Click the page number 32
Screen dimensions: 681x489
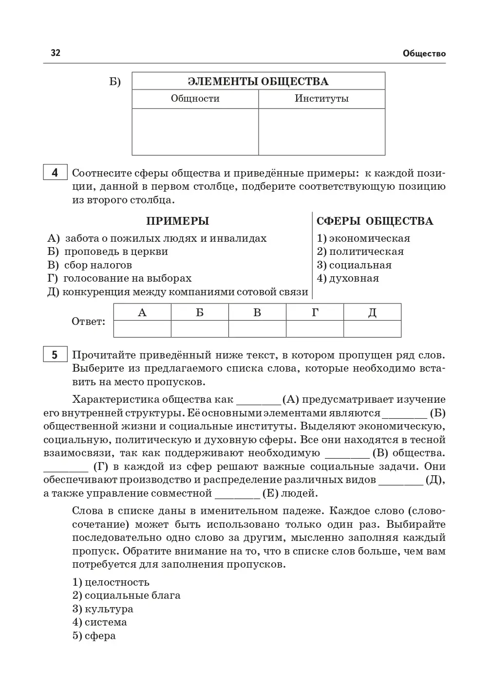56,53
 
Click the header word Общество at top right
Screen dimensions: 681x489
424,54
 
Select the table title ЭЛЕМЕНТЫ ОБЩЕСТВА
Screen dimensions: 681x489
258,81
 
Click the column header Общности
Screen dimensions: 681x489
195,99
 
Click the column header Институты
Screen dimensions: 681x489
321,99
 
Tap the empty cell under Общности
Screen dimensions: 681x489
195,131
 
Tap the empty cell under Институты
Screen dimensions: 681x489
321,131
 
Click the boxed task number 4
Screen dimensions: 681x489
55,173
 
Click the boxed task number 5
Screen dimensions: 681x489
55,355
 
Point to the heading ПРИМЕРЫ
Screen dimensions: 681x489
178,221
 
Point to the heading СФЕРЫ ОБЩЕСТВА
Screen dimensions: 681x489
375,221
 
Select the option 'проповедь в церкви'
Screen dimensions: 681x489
116,252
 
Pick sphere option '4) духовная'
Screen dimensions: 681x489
348,279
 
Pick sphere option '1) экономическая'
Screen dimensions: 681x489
363,238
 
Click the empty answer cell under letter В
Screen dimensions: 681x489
257,328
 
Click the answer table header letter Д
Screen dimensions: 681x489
372,312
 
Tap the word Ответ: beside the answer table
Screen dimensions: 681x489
88,322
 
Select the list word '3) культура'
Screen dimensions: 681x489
103,609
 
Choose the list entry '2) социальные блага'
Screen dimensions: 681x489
126,595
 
